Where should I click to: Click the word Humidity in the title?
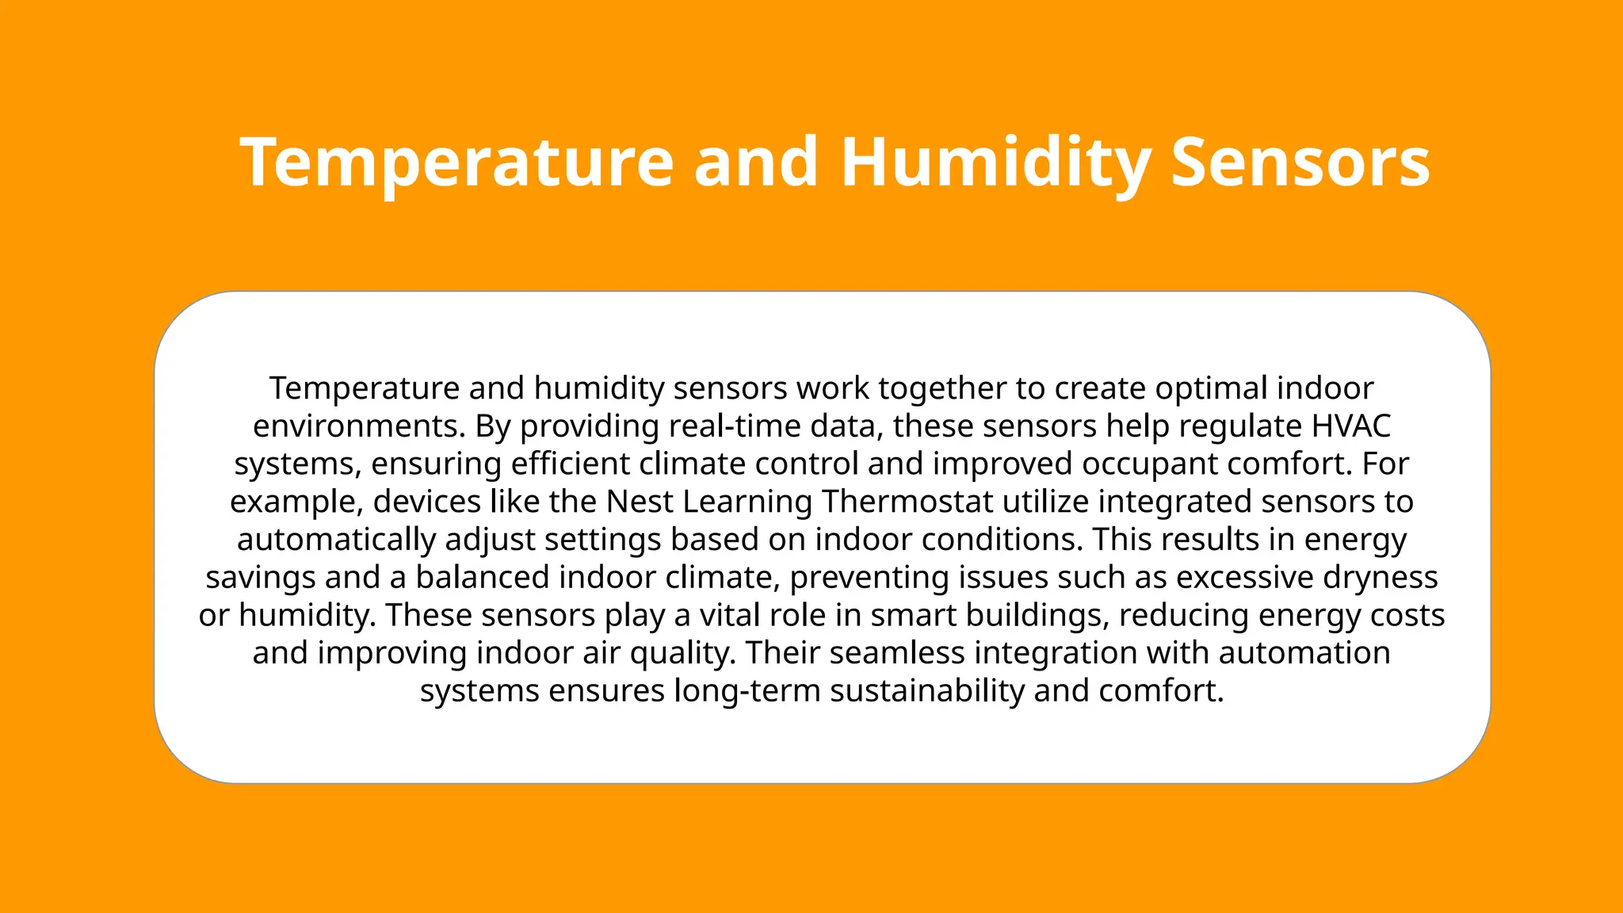pos(995,162)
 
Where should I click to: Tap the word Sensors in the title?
pos(1300,162)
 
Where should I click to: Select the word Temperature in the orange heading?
pos(456,162)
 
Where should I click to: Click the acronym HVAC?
pos(1351,426)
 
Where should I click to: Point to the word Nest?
pos(640,502)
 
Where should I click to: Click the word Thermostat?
pos(907,502)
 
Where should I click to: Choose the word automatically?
pos(336,541)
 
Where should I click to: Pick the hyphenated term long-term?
pos(747,691)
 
